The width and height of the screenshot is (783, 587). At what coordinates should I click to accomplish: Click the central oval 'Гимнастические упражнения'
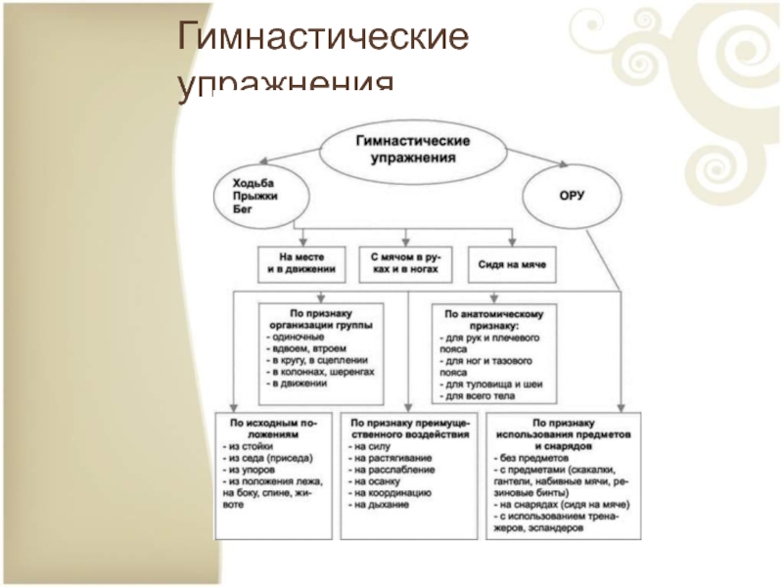pos(411,149)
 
